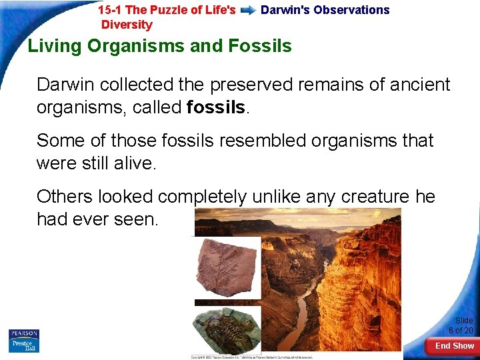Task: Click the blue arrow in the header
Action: click(248, 11)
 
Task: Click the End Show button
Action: click(454, 345)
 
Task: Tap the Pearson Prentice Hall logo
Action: click(24, 340)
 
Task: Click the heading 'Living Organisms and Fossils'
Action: click(159, 46)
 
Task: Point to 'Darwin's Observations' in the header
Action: click(325, 10)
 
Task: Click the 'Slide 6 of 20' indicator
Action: click(461, 325)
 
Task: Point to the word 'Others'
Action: click(65, 197)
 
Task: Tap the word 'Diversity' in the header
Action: click(127, 25)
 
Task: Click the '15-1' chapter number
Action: click(109, 10)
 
